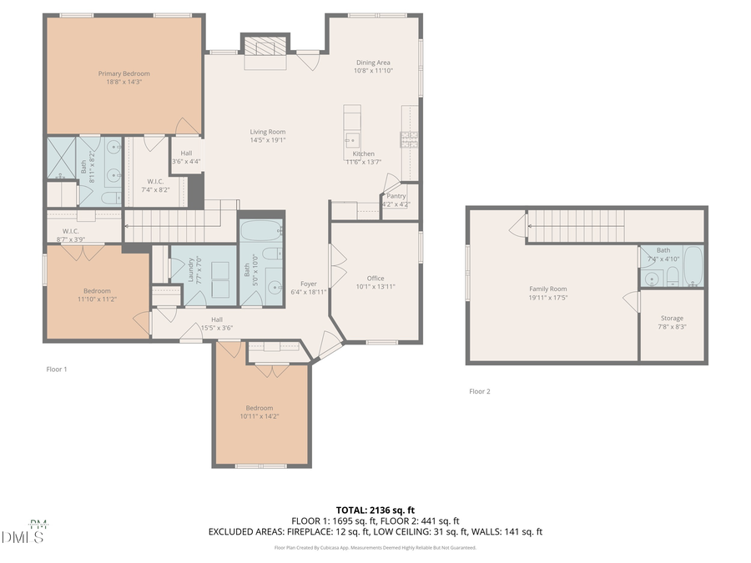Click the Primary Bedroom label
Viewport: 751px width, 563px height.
pos(123,74)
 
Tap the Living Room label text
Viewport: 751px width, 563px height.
pos(268,132)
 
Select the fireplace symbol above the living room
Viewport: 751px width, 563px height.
pos(265,47)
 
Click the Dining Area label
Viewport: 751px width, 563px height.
pos(373,63)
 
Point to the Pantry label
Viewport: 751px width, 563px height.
pos(396,196)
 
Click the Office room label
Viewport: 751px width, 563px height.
pos(375,278)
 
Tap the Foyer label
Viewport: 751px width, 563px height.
pos(309,284)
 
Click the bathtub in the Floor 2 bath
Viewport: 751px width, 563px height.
pos(693,265)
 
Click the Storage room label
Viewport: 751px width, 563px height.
pos(672,319)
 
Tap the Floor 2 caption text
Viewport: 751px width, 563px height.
pos(479,391)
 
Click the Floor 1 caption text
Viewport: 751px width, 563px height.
pos(56,369)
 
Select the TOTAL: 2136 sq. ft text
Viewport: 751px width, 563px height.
pos(375,509)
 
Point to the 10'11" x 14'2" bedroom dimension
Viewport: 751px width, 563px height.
pos(260,416)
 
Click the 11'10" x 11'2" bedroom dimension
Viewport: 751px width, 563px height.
pos(97,299)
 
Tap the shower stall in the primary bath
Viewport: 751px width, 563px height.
pos(61,158)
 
